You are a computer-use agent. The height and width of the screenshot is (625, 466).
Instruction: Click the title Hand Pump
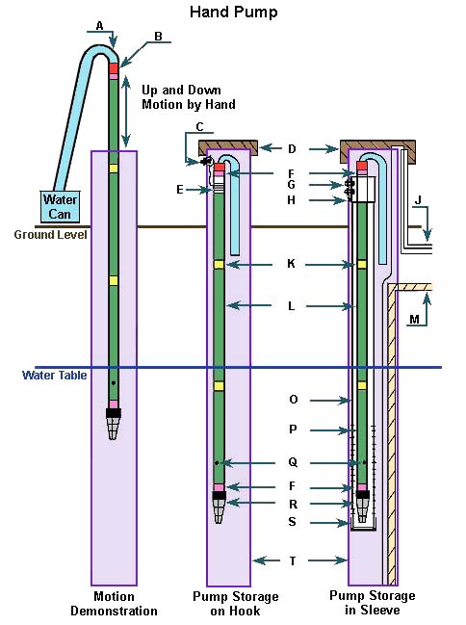233,12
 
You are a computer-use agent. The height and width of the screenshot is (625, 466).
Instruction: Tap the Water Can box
61,207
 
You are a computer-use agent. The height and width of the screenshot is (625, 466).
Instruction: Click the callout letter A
100,26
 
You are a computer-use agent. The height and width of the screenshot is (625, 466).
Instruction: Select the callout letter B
158,37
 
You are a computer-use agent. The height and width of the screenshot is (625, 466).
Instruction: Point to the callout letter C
199,127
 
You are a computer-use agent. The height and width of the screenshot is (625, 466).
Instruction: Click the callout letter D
292,148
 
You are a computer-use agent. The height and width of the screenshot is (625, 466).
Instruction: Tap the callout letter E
180,190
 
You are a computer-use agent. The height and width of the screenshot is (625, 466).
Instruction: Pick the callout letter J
418,199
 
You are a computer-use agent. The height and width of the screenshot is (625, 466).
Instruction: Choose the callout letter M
415,320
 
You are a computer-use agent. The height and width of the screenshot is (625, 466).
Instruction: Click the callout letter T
293,560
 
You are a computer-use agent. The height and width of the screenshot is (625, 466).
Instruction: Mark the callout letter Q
293,462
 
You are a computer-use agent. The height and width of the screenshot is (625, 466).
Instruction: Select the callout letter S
292,521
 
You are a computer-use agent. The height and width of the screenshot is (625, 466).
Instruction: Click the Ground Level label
50,234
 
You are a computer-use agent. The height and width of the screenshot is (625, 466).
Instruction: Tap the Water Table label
54,375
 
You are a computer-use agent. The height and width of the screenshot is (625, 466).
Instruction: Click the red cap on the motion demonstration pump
114,68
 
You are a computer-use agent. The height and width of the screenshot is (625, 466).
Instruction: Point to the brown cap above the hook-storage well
228,148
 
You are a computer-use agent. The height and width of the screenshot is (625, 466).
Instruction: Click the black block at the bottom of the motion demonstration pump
114,413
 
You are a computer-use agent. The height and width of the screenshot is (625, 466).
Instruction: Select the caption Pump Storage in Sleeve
373,603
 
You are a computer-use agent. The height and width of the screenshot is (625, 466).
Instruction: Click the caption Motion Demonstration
114,604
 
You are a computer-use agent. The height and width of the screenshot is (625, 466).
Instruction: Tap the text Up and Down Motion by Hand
189,97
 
